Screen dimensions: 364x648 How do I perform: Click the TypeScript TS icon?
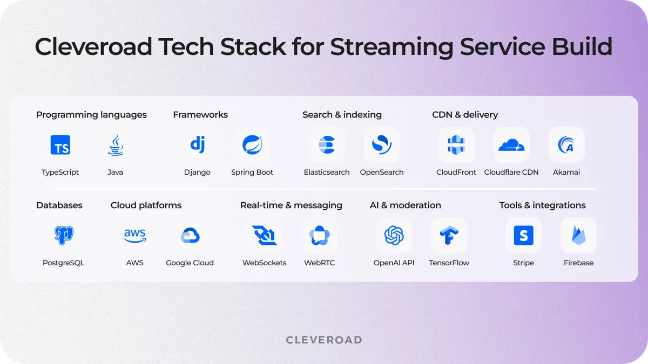pos(60,145)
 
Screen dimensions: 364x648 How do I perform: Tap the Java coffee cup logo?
pos(115,145)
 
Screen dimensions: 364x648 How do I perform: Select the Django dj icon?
pos(197,145)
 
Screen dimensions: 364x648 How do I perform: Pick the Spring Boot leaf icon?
pos(252,145)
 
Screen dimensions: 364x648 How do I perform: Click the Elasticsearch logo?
pos(327,145)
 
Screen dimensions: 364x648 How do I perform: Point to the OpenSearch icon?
pos(382,145)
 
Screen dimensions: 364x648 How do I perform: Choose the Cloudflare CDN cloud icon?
pos(511,145)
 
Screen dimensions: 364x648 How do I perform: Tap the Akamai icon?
pos(566,145)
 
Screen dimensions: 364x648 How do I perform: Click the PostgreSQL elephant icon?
pos(64,236)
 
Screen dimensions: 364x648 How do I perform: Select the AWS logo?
pos(134,236)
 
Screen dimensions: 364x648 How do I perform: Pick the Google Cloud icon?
pos(190,236)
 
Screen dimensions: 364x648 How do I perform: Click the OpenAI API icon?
pos(394,236)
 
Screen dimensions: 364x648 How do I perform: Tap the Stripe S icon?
pos(523,236)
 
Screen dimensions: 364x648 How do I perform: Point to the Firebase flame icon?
pos(578,236)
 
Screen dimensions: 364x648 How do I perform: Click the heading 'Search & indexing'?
pos(342,115)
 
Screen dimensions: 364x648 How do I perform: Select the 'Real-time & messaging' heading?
pos(291,205)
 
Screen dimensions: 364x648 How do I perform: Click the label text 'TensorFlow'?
pos(449,263)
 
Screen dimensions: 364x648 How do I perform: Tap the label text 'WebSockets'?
pos(264,263)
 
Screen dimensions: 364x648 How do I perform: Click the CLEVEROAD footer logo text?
pos(324,340)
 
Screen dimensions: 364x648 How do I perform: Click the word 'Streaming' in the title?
pos(391,47)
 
